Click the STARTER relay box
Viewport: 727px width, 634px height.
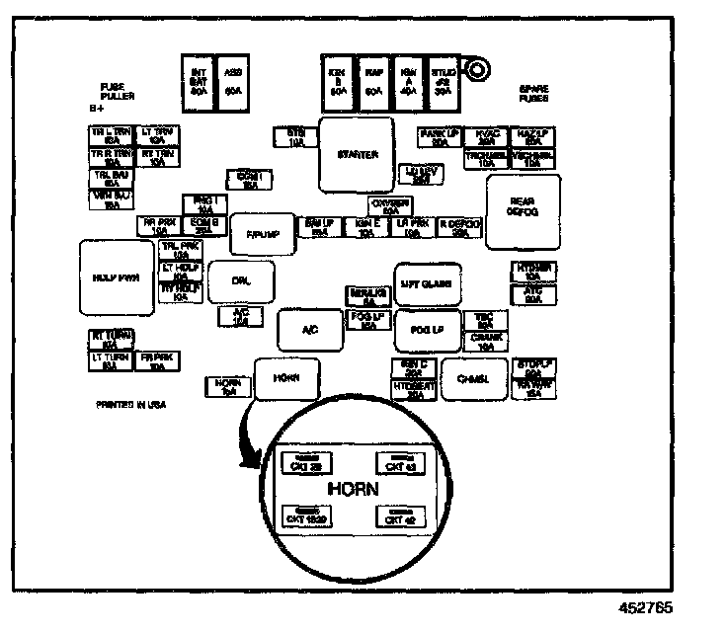(x=357, y=155)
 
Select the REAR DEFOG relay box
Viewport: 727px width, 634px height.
(x=523, y=204)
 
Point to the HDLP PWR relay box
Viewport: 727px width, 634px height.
(x=117, y=278)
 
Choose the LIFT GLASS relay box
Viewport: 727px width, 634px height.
(x=428, y=283)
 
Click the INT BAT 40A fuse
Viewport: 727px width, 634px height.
(x=198, y=81)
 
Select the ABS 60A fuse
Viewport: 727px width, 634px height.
(x=234, y=81)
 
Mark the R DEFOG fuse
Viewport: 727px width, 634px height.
(x=459, y=228)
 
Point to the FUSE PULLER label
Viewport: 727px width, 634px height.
(x=117, y=91)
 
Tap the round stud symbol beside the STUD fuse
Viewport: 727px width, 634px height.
(x=479, y=70)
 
